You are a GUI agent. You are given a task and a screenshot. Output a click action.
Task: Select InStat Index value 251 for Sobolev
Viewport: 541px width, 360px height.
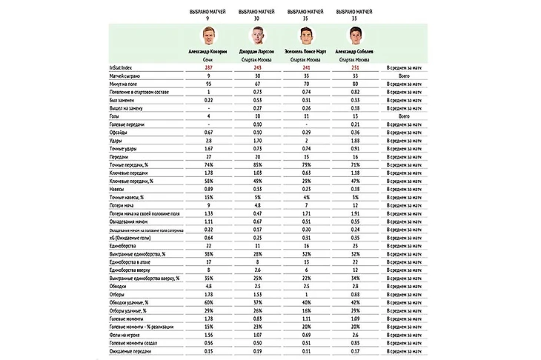coord(354,67)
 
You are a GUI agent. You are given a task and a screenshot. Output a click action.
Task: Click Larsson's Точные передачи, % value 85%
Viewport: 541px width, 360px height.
coord(256,164)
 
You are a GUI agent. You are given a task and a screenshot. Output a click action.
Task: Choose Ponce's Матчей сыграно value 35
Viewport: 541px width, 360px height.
coord(305,76)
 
